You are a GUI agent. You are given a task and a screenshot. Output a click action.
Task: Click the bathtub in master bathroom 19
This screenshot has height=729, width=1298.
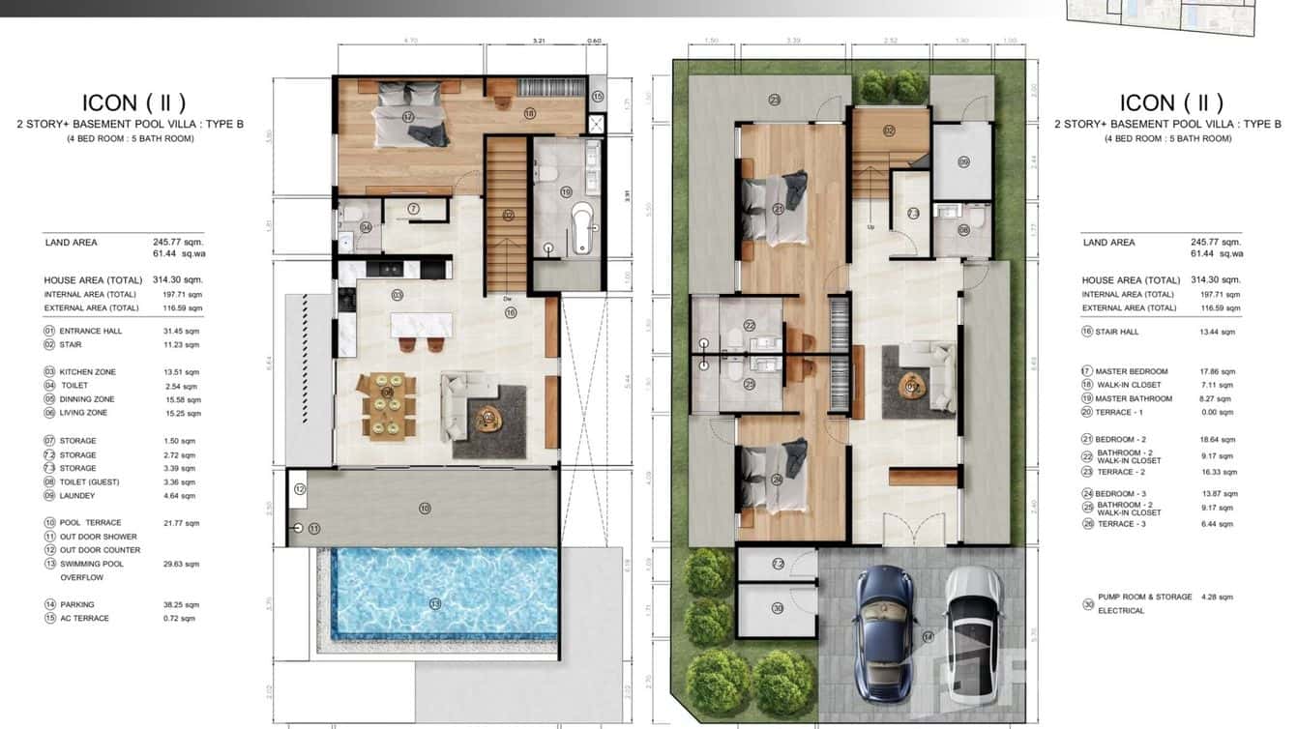coord(582,227)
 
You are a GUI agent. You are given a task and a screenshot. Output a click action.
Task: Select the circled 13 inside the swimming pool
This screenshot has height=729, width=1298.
coord(435,604)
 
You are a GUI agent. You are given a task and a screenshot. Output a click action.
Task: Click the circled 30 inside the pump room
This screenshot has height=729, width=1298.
coord(777,608)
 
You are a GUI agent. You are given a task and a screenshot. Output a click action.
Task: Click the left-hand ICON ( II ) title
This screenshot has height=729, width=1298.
coord(133,102)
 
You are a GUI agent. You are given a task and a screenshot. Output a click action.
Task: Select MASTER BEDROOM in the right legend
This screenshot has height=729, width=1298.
coord(1132,371)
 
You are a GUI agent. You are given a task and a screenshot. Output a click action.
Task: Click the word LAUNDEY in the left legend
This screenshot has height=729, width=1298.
coord(77,496)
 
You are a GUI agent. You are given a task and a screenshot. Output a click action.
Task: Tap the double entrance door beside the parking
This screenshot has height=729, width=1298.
coord(911,531)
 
